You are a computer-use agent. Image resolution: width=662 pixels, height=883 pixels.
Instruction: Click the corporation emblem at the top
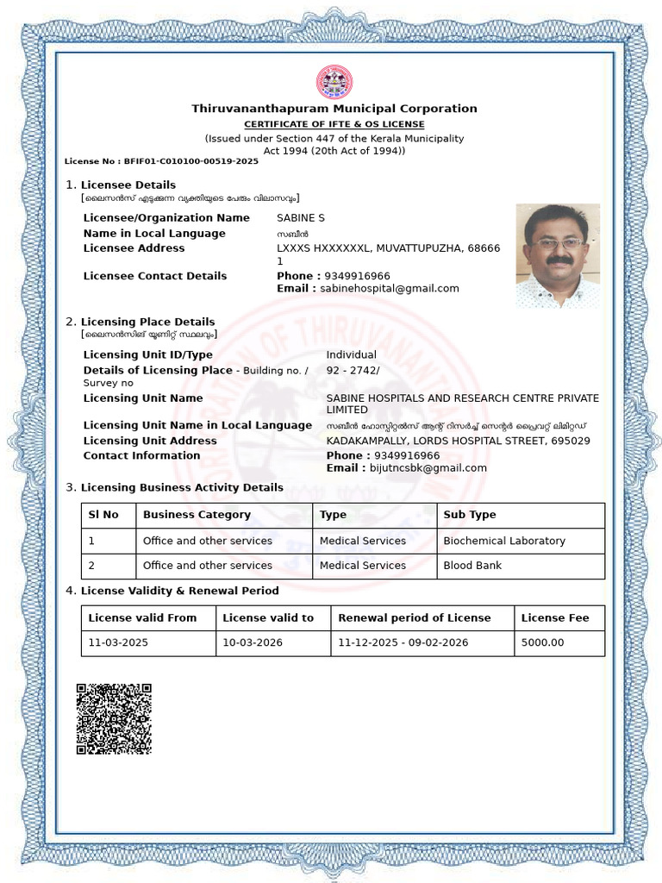(x=334, y=83)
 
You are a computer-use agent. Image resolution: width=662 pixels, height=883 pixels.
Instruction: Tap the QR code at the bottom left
(x=114, y=719)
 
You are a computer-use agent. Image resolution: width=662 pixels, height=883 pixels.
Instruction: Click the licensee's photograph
(x=558, y=256)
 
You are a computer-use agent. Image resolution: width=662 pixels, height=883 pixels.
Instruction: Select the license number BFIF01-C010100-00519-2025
(x=191, y=161)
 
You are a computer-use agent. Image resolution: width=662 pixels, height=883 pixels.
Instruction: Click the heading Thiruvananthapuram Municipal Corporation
(x=334, y=109)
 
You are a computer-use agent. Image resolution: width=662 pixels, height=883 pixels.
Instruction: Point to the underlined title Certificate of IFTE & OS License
(x=334, y=124)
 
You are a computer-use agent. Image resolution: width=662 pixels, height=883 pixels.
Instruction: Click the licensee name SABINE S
(x=300, y=218)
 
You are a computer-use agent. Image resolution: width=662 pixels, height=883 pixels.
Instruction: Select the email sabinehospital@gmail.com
(x=390, y=289)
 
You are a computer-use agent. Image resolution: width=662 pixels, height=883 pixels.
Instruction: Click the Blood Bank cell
(x=472, y=566)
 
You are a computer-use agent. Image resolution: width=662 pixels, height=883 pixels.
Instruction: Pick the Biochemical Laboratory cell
(x=504, y=541)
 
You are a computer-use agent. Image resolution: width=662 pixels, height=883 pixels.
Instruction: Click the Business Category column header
(x=197, y=515)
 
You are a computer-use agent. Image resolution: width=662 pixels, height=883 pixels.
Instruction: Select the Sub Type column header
(x=470, y=515)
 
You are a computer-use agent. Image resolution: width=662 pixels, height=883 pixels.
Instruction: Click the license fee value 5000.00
(x=543, y=642)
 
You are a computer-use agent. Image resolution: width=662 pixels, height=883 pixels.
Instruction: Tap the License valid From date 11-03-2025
(x=120, y=642)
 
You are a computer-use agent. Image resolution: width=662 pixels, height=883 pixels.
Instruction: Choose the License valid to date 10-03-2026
(x=253, y=642)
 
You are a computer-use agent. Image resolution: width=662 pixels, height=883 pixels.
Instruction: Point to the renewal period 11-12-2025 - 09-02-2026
(x=403, y=642)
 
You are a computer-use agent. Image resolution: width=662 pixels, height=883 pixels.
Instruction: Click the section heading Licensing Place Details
(x=147, y=322)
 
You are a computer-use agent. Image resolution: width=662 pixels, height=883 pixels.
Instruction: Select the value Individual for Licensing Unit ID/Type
(x=351, y=354)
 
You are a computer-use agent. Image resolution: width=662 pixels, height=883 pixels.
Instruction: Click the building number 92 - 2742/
(x=353, y=370)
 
